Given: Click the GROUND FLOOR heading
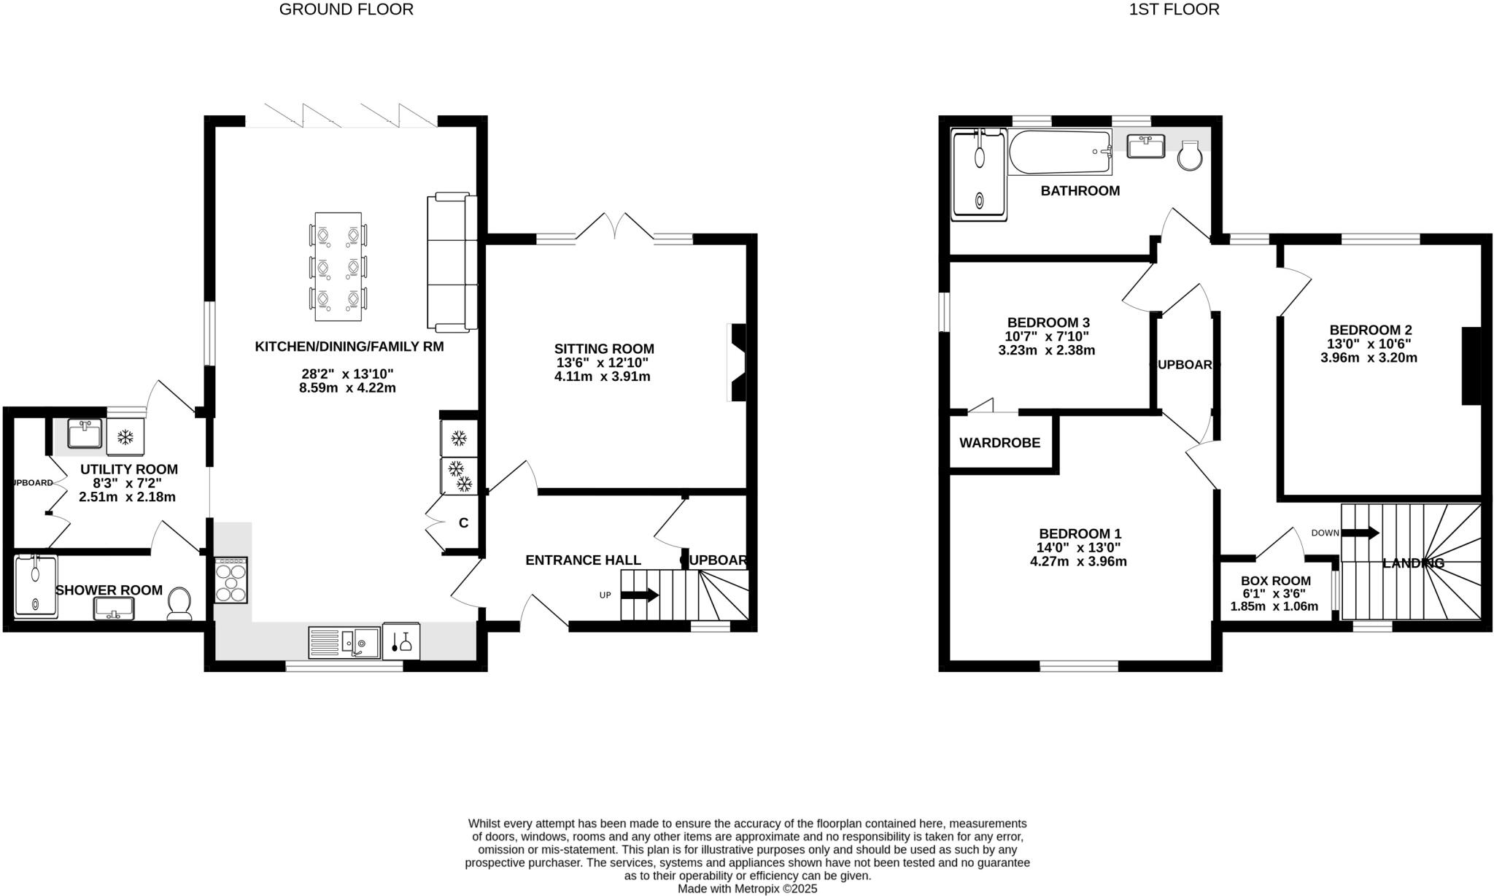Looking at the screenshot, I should coord(346,9).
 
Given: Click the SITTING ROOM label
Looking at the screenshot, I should coord(603,349).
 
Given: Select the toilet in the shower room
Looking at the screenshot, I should coord(179,603).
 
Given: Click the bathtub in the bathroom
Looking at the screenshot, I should coord(1059,152).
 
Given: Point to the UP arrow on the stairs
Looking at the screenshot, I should coord(639,595).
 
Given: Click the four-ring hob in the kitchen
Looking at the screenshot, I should coord(231,580).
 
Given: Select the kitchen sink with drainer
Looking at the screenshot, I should coord(344,642).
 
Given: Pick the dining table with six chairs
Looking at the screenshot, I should coord(338,266).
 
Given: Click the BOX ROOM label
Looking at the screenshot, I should coord(1275,581).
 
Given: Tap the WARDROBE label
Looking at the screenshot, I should coord(999,443).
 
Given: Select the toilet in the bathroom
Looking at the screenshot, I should coord(1189,155).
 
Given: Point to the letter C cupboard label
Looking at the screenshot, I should coord(463,523).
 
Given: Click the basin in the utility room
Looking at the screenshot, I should coord(85,433).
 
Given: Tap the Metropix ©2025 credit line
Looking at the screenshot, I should coord(747,889).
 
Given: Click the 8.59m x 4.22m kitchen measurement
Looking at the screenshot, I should coord(347,387).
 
